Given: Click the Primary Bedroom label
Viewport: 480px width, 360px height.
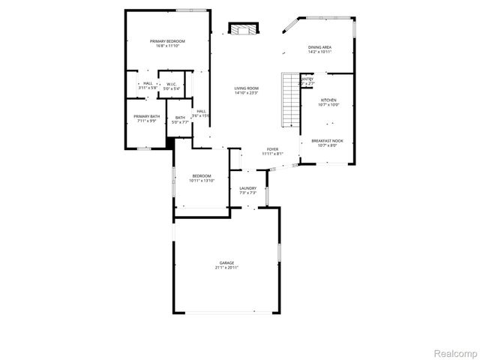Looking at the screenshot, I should click(167, 40).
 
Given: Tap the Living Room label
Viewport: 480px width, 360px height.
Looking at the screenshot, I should click(247, 88).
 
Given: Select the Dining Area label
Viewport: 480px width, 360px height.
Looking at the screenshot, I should click(320, 47).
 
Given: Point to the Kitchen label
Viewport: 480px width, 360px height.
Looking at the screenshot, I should click(329, 100).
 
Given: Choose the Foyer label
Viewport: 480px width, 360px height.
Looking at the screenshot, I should click(272, 149).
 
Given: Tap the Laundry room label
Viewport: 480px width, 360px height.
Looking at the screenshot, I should click(248, 188).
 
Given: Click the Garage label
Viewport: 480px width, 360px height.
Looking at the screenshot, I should click(226, 262).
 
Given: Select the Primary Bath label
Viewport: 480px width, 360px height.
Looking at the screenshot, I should click(147, 116).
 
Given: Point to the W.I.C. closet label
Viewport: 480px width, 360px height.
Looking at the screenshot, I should click(171, 84).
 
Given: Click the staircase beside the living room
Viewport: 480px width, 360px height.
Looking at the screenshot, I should click(290, 100).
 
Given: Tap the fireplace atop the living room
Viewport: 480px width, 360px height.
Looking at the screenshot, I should click(242, 30).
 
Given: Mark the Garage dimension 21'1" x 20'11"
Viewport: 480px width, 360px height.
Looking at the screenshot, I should click(226, 268).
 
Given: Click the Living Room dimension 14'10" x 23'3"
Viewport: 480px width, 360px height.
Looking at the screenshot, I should click(247, 93).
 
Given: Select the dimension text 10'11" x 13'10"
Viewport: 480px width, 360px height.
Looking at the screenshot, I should click(202, 181).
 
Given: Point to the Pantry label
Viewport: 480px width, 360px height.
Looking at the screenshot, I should click(307, 79).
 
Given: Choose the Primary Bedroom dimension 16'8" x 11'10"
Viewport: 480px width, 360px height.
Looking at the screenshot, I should click(167, 46).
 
